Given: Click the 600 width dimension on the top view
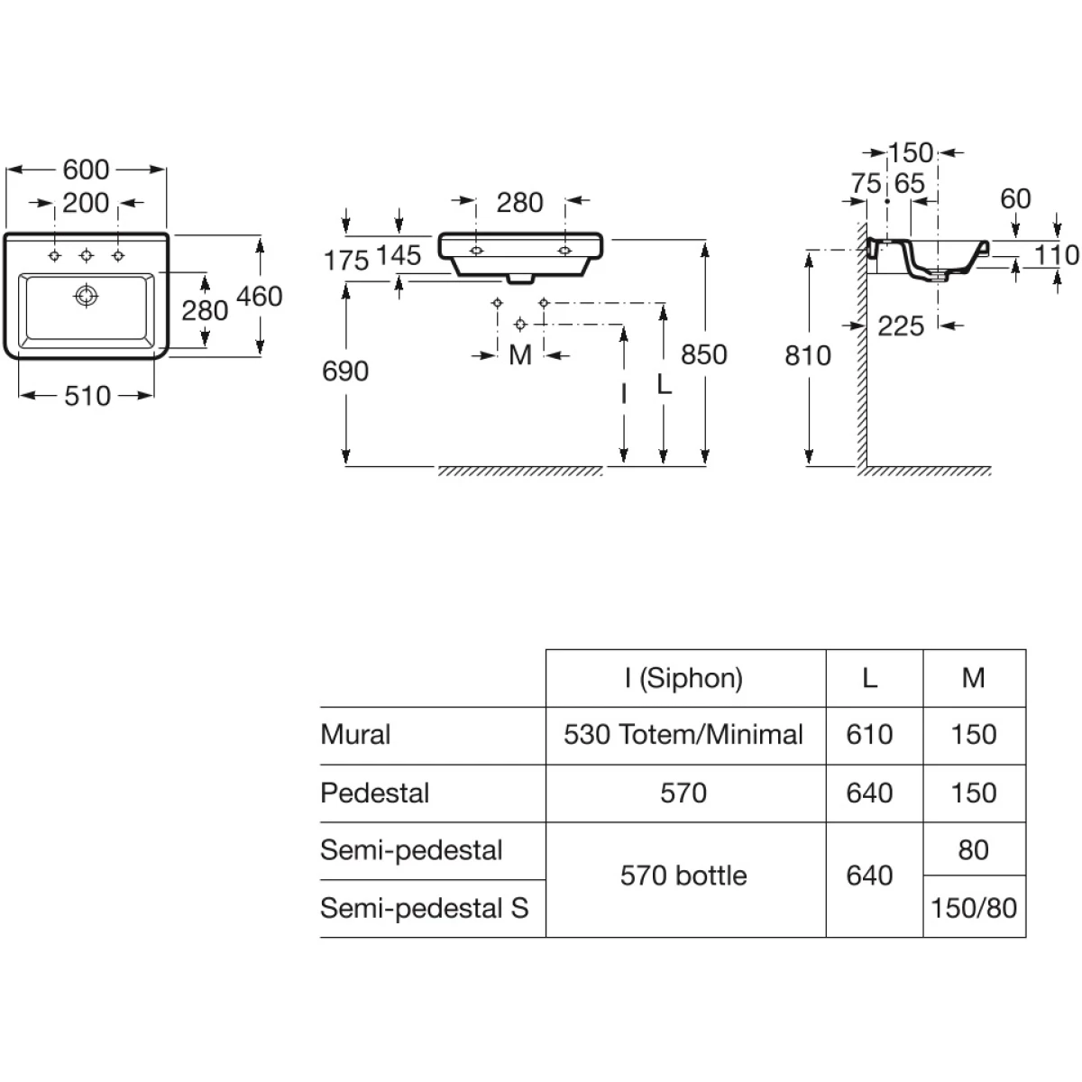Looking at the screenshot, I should coord(86,170).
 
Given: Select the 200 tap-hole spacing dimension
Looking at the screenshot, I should coord(86,203).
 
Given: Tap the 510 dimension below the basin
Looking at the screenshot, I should coord(87,396).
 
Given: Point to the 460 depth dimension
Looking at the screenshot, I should coord(260,296).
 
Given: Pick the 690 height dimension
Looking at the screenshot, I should coord(345,371).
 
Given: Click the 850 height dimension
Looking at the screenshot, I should coord(703,354).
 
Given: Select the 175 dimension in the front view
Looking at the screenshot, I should coord(346,261).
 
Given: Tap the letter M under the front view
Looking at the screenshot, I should coord(520,355).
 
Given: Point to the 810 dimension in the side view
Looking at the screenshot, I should coord(808,355).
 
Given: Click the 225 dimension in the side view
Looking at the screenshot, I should coord(901,326).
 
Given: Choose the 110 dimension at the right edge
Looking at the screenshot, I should coord(1056,255).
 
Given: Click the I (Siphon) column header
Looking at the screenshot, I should coord(683,678).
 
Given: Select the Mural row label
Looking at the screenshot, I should coord(355,735).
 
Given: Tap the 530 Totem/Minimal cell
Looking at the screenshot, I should coord(683,735).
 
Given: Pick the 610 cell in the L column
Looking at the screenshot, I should coord(869,735).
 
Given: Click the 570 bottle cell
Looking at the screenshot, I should coord(683,876).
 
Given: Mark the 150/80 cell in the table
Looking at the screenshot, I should coord(974,907).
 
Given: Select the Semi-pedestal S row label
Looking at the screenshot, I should coord(424,907).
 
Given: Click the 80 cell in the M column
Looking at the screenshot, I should coord(974,849).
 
